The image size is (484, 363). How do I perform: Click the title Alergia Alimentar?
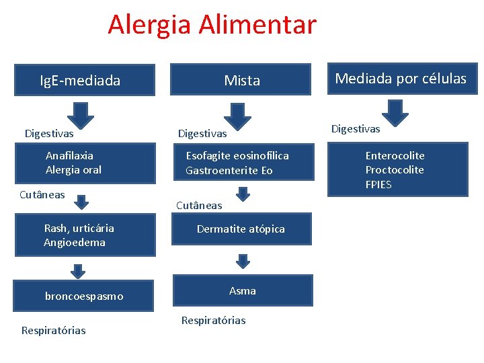point(212,25)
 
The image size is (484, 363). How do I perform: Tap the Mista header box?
point(241,81)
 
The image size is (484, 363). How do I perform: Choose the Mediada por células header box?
point(400,79)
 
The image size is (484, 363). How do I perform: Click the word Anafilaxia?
point(69,155)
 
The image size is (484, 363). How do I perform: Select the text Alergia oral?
point(73,170)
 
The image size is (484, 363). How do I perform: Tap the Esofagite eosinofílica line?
point(237,155)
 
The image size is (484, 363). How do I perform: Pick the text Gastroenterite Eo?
point(229,171)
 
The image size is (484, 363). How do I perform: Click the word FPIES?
point(378,185)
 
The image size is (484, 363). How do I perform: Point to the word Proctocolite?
point(395,170)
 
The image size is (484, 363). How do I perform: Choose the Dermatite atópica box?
point(241,229)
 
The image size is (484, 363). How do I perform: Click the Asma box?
point(243,290)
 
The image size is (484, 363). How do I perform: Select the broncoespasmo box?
point(84,296)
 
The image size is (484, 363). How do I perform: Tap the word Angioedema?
point(75,243)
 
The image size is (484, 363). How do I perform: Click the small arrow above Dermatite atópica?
point(243,194)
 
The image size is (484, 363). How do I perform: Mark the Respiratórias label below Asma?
point(213,321)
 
